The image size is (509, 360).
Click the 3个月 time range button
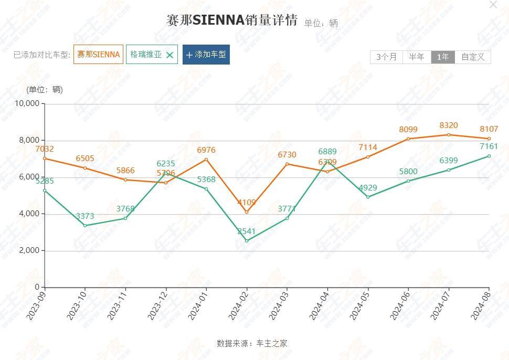click(x=386, y=57)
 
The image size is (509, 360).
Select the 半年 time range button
click(x=417, y=57)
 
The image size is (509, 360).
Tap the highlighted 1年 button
click(x=443, y=57)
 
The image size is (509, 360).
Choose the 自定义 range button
click(x=473, y=57)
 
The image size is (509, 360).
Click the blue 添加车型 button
click(x=206, y=55)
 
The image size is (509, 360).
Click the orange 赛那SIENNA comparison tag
click(x=99, y=54)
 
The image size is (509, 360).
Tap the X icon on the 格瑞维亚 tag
click(x=169, y=55)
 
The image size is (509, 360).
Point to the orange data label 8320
click(x=449, y=125)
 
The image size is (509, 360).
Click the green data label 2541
click(x=247, y=231)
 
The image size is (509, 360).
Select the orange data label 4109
click(x=247, y=202)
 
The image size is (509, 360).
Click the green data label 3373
click(x=85, y=216)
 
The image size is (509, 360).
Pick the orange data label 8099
click(x=408, y=129)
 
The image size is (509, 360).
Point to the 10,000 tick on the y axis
click(x=27, y=103)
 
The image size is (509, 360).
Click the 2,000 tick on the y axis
click(x=30, y=250)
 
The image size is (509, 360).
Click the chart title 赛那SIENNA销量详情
click(x=232, y=20)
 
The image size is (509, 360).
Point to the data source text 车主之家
click(x=272, y=344)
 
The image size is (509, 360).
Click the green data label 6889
click(x=327, y=151)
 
